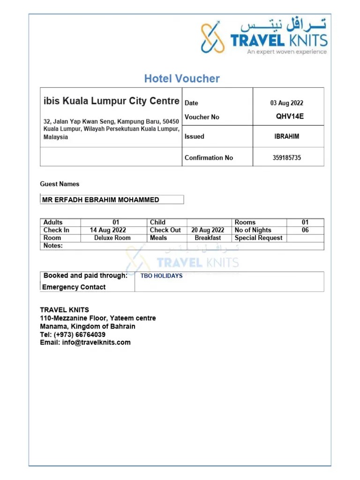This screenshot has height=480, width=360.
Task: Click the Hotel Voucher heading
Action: coord(182,79)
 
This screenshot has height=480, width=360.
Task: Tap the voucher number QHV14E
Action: coord(290,117)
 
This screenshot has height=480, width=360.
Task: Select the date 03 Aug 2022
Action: coord(286,103)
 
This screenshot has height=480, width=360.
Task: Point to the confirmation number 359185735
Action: coord(287,158)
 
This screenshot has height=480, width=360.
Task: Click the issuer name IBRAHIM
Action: coord(286,137)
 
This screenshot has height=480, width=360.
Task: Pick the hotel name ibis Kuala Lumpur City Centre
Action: coord(111,101)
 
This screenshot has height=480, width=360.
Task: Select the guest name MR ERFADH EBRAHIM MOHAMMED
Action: coord(101,200)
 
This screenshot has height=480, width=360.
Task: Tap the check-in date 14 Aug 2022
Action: coord(108,230)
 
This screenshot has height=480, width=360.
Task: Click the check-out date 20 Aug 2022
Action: coord(208,230)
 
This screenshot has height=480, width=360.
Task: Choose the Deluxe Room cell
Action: coord(112,238)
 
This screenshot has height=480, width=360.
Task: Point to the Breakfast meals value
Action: coord(208,238)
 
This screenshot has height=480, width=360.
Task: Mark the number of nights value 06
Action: coord(305,230)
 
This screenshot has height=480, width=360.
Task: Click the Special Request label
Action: coord(259,238)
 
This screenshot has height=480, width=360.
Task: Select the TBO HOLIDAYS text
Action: coord(162,276)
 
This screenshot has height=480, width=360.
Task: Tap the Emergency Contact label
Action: coord(74,287)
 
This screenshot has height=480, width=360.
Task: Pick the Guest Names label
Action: coord(60,184)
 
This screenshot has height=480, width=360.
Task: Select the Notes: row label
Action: coord(53,246)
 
